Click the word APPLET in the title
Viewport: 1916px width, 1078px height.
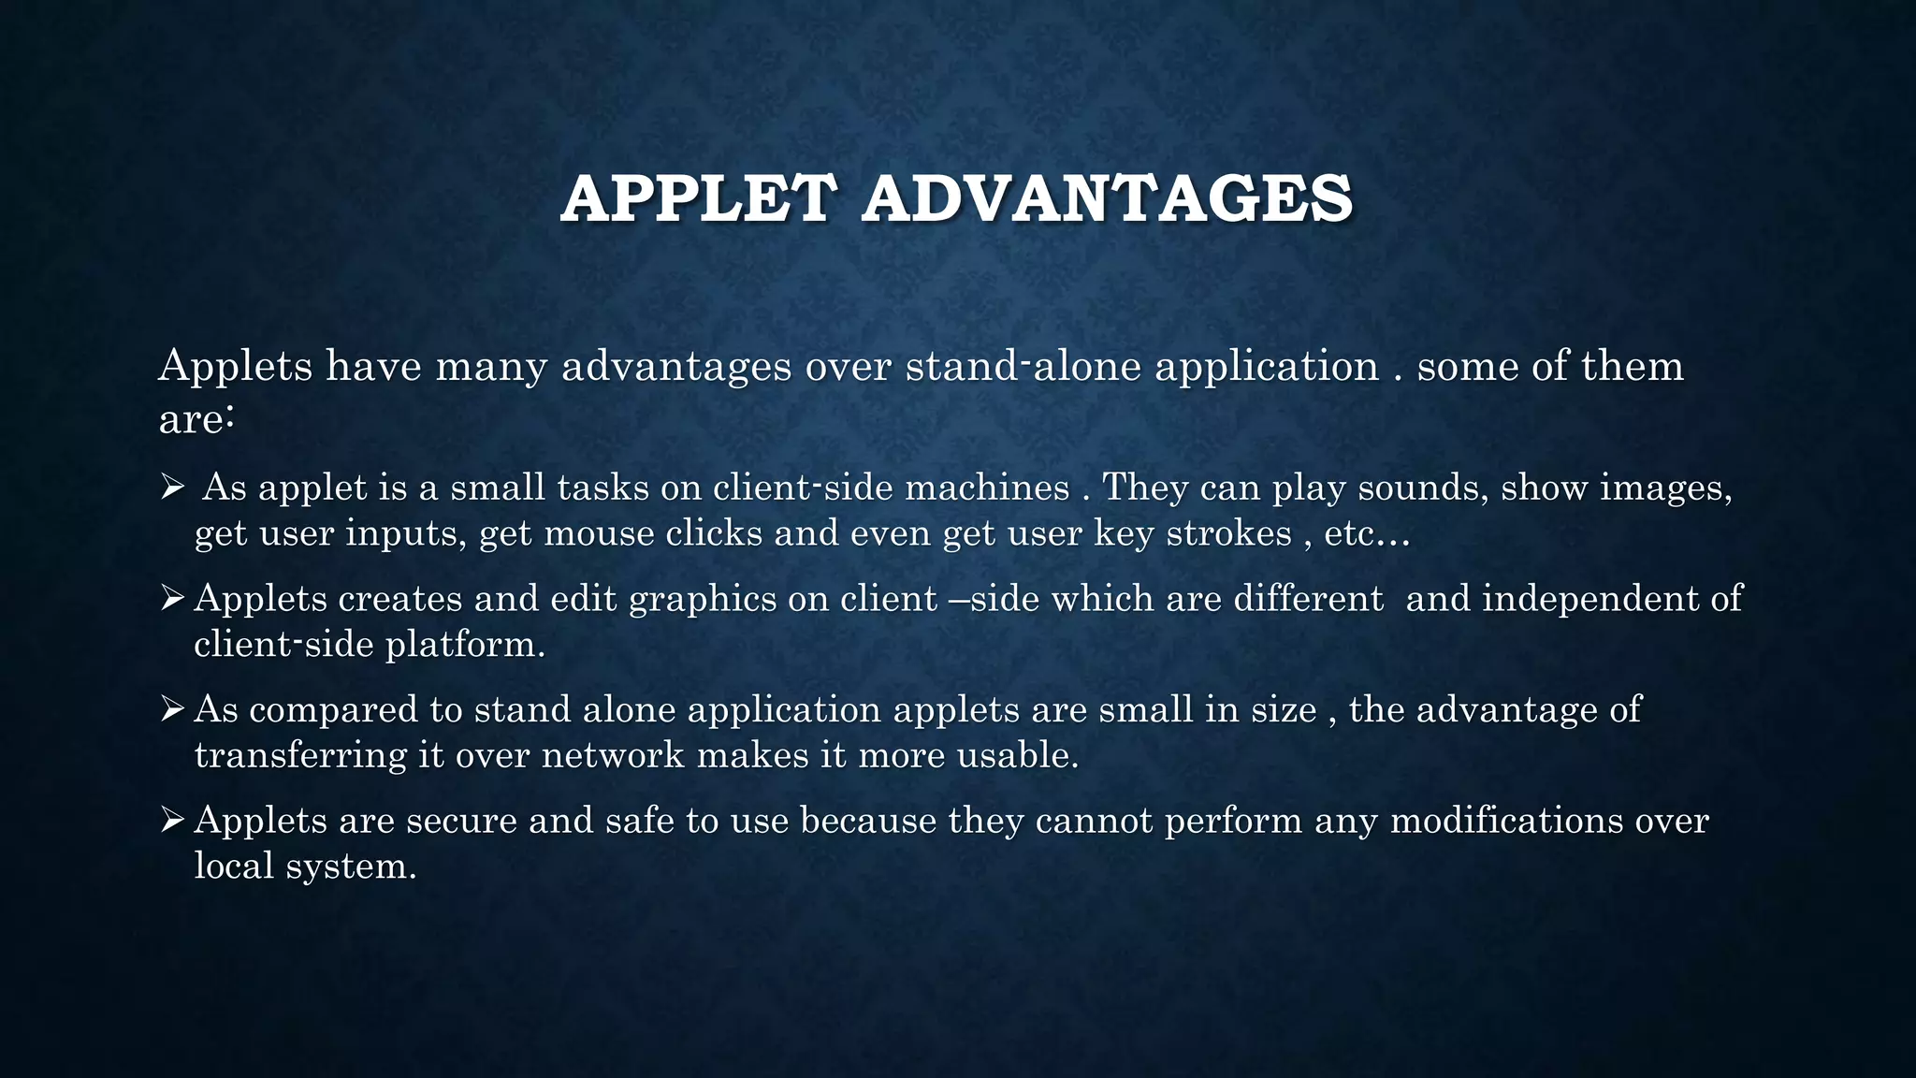point(696,199)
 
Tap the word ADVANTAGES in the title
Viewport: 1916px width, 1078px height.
point(1107,199)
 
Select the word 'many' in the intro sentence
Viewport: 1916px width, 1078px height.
point(490,366)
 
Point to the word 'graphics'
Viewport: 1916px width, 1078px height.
point(703,599)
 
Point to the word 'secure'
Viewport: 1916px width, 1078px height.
point(461,821)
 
